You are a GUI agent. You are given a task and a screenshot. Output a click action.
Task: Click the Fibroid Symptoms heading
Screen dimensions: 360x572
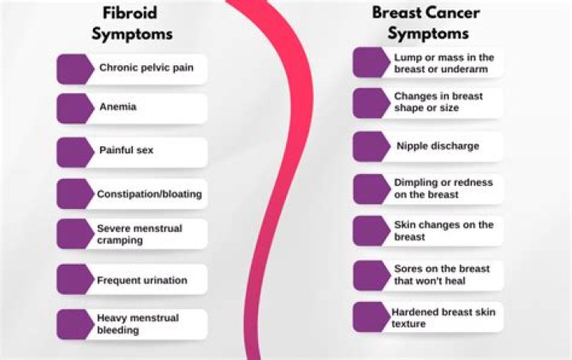131,24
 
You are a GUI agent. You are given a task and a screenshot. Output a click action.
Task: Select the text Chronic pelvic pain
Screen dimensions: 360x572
146,68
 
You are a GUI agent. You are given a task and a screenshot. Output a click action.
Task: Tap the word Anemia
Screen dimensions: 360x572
118,106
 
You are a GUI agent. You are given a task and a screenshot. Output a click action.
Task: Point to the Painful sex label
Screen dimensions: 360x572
126,150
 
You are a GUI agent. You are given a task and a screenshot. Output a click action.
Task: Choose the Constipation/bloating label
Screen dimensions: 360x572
149,194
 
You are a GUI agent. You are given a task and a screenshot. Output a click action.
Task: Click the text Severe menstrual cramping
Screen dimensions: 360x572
139,234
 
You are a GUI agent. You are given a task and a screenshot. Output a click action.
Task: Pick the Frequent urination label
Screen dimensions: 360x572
142,281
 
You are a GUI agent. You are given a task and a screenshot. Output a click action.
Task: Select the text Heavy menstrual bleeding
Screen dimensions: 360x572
137,324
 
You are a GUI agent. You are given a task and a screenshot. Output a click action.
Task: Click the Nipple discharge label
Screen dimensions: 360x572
438,146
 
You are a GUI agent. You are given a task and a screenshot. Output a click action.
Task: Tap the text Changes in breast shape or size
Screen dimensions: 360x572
438,103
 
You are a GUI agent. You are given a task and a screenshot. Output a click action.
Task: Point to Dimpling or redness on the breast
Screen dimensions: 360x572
443,188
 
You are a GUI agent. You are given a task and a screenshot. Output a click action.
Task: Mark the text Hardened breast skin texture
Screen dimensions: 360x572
442,318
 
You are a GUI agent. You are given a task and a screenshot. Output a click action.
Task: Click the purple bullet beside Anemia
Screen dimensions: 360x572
74,107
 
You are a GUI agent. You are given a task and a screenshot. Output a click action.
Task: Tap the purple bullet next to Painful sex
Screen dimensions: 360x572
74,151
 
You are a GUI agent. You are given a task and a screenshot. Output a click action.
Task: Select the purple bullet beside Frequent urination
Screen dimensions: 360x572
74,281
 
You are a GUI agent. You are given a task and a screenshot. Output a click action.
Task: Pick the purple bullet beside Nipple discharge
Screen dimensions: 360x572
370,146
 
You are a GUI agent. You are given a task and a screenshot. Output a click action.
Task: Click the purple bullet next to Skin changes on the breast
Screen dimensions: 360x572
370,231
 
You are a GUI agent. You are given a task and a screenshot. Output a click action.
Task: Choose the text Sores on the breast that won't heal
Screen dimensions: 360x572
442,275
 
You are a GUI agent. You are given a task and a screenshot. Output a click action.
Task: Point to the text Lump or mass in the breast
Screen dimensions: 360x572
443,64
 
